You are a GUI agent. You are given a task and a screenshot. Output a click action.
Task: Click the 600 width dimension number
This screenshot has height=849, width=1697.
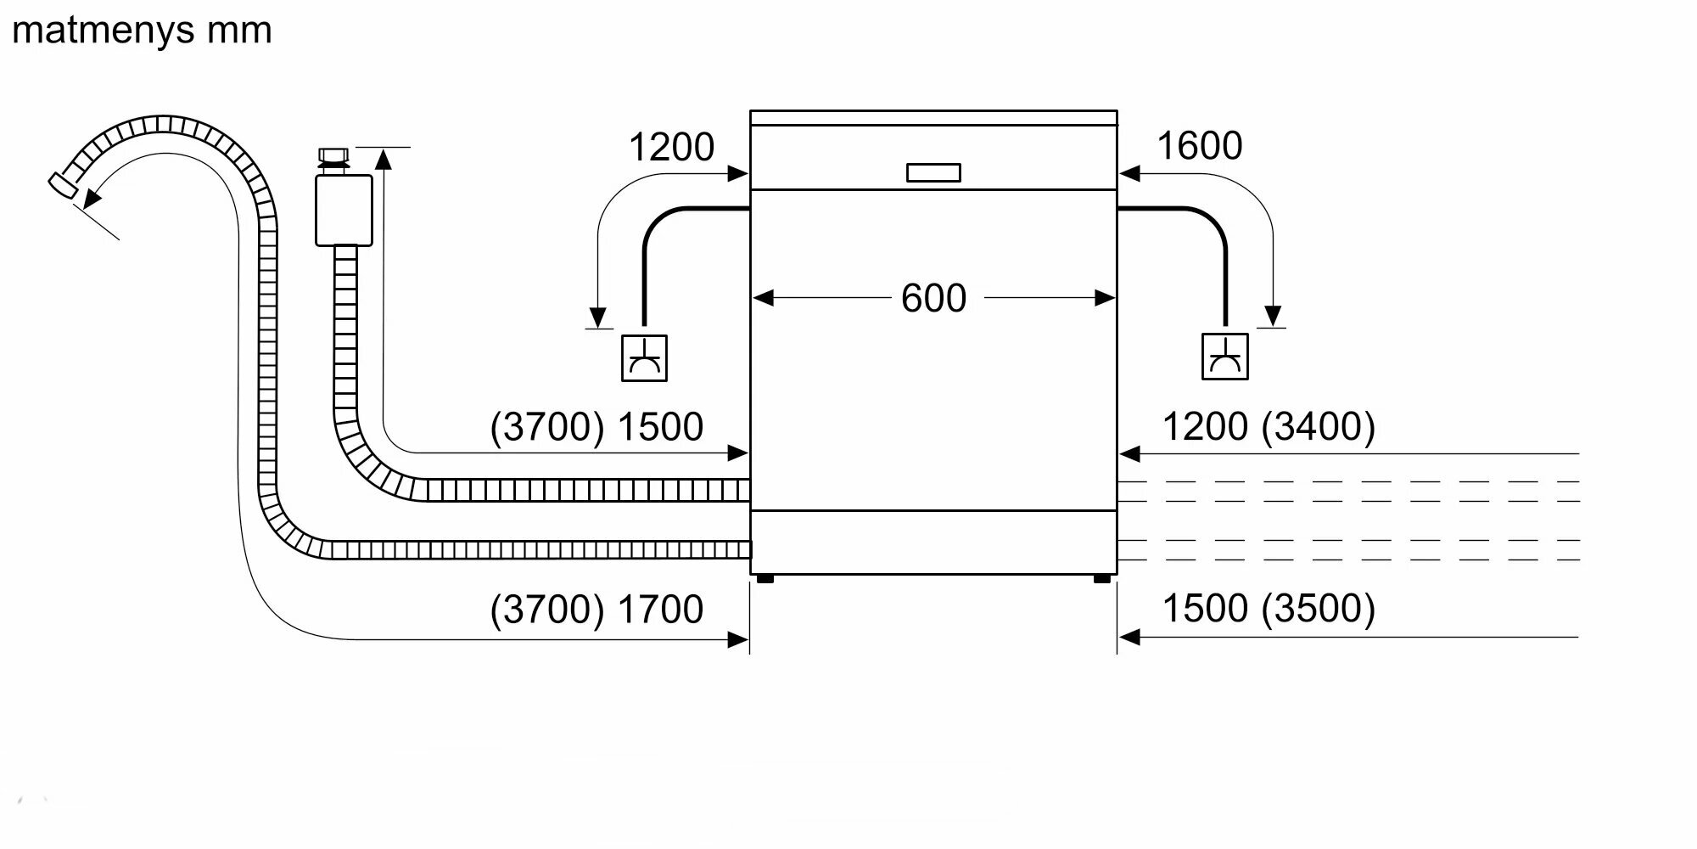point(933,298)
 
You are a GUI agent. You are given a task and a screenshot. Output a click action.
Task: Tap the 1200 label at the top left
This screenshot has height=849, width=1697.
point(671,147)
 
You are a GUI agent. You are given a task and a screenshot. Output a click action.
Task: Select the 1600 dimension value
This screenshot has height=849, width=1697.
point(1199,146)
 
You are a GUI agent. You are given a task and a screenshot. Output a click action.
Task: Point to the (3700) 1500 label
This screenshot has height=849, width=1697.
point(596,426)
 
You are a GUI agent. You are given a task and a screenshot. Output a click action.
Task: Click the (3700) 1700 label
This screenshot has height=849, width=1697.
point(596,609)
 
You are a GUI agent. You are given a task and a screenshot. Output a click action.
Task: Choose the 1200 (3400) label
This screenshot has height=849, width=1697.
point(1268,426)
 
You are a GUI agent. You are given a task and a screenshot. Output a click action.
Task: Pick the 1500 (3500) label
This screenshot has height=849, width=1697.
point(1268,608)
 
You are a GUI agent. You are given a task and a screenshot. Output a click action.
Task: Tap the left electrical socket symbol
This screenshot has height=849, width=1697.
point(644,357)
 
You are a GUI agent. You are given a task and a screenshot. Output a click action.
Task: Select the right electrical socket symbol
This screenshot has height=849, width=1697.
point(1224,357)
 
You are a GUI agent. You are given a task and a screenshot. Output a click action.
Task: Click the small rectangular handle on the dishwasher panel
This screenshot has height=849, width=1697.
point(933,172)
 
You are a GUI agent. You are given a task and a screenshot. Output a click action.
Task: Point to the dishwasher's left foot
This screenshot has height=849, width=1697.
point(764,579)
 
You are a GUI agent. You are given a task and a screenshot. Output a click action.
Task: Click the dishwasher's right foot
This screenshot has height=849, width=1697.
point(1101,579)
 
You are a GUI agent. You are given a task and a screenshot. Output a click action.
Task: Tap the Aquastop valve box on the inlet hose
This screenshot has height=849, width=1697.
point(344,210)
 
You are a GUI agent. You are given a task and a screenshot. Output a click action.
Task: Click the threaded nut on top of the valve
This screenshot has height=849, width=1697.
point(333,155)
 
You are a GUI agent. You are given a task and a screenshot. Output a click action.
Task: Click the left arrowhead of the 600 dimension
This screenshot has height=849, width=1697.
point(762,298)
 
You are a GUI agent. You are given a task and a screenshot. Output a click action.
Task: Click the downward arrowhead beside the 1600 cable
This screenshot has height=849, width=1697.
point(1272,316)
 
